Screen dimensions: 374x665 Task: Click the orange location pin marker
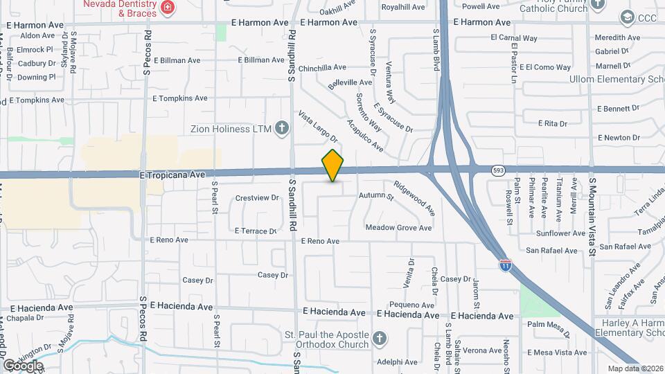[333, 166]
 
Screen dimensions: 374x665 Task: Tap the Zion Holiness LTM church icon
[281, 127]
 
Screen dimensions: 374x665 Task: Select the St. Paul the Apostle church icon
[378, 338]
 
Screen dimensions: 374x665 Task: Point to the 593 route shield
[497, 170]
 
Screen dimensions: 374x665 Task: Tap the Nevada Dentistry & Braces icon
[168, 8]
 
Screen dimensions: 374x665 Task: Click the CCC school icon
[627, 17]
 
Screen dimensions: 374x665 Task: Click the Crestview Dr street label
[251, 198]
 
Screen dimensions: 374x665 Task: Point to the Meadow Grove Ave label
[398, 228]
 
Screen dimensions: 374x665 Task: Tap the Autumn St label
[375, 196]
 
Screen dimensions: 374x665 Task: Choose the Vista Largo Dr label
[317, 127]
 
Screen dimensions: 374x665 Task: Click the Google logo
[23, 365]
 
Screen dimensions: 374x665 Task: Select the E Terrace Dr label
[255, 231]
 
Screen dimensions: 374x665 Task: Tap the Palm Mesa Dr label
[547, 324]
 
